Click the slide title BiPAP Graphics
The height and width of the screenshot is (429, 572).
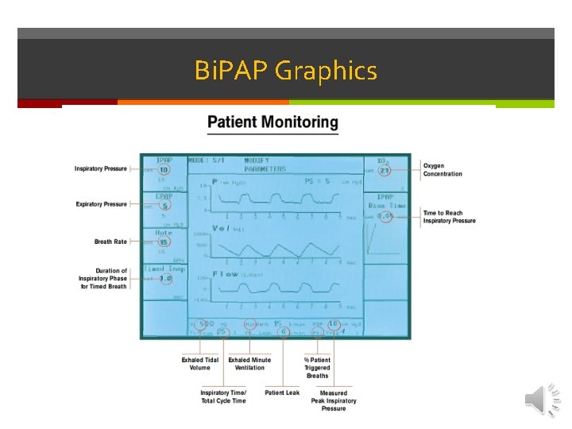pyautogui.click(x=285, y=71)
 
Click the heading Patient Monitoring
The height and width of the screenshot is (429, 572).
pyautogui.click(x=272, y=122)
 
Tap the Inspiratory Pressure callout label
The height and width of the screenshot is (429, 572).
pyautogui.click(x=101, y=169)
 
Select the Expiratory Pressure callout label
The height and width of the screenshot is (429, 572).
pyautogui.click(x=101, y=204)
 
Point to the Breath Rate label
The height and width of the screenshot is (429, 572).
pyautogui.click(x=110, y=241)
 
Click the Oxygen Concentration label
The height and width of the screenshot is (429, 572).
pyautogui.click(x=443, y=169)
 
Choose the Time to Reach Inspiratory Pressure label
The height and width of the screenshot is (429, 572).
pyautogui.click(x=449, y=217)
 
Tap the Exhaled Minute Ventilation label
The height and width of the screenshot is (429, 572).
pyautogui.click(x=249, y=364)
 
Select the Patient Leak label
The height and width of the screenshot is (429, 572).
pyautogui.click(x=282, y=392)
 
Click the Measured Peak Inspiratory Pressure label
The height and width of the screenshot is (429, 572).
pyautogui.click(x=334, y=400)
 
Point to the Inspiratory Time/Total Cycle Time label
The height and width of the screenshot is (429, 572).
pyautogui.click(x=223, y=396)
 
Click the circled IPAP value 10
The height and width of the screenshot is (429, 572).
pyautogui.click(x=163, y=169)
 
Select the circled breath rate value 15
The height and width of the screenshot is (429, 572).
pyautogui.click(x=163, y=242)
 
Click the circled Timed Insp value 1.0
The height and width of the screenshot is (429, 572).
pyautogui.click(x=165, y=279)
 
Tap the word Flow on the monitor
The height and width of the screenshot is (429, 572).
pyautogui.click(x=226, y=273)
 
